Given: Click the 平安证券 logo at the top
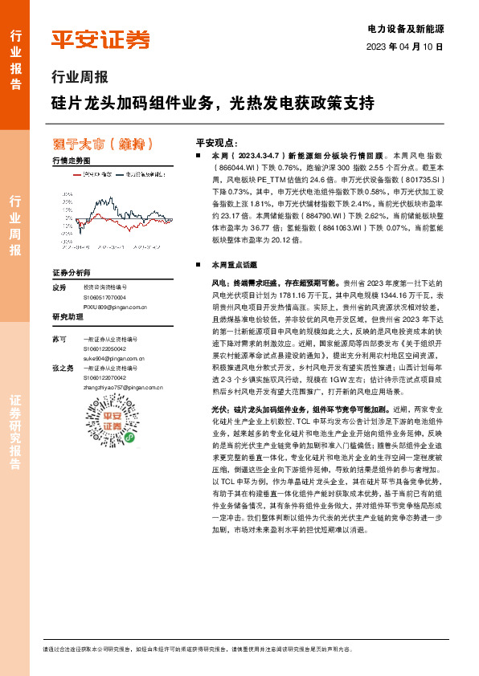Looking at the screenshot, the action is coord(100,39).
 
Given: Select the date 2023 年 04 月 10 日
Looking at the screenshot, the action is coord(405,47).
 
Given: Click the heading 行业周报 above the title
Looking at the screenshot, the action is coord(79,78).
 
